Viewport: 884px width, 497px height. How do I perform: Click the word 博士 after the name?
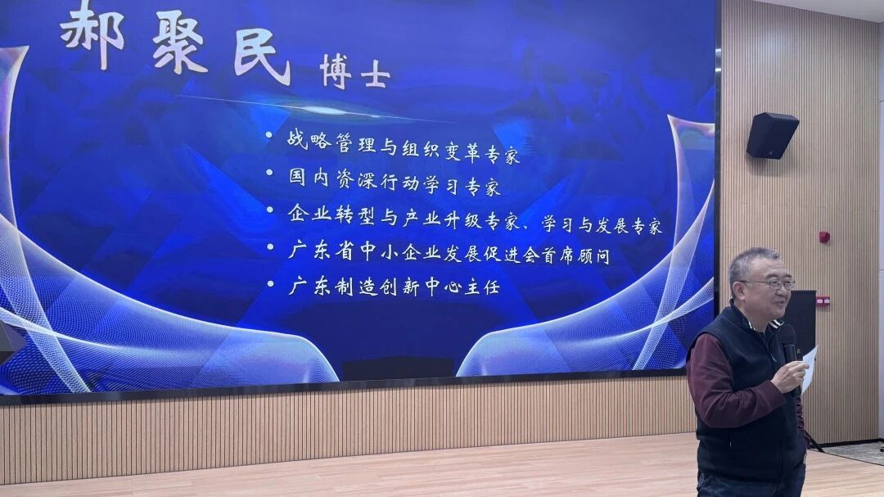pos(354,72)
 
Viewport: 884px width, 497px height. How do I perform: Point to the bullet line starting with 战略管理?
pos(403,146)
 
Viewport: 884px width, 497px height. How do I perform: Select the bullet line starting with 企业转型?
pos(475,219)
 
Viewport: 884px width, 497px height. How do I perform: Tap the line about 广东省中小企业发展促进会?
pos(449,253)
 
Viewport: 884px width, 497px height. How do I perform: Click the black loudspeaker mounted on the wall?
pos(772,135)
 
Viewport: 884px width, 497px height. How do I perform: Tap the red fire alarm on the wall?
pos(824,237)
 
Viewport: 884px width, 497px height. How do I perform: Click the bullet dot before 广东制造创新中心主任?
pos(271,284)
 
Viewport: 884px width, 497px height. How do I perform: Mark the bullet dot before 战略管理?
pos(269,135)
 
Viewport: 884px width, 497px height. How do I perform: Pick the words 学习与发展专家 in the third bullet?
pos(602,225)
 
